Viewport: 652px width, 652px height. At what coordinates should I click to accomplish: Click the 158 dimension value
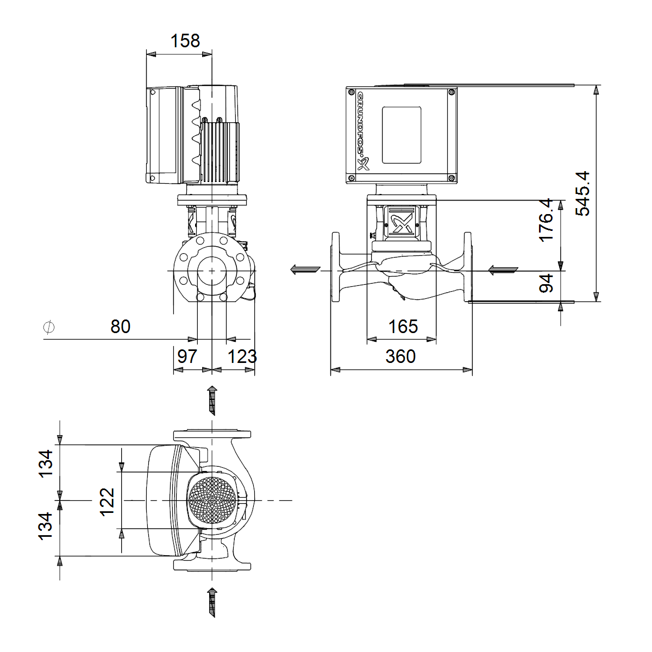[x=185, y=41]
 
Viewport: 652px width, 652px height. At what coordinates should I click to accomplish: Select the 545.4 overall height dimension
[x=582, y=193]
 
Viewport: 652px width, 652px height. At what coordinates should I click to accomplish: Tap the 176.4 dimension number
[x=546, y=220]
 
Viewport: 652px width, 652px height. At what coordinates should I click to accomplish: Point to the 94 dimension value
[x=546, y=284]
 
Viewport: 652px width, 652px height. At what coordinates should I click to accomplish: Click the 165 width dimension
[x=403, y=327]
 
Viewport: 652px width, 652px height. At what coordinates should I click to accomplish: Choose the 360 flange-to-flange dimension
[x=400, y=356]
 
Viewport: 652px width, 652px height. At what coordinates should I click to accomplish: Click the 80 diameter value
[x=121, y=327]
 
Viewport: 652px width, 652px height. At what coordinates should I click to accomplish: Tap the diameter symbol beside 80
[x=49, y=327]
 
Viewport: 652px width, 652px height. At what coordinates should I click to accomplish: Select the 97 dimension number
[x=187, y=356]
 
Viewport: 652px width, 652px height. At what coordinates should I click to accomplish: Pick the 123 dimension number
[x=242, y=356]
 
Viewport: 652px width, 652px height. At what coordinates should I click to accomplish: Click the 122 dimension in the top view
[x=107, y=502]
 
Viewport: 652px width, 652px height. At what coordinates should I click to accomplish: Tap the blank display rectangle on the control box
[x=402, y=135]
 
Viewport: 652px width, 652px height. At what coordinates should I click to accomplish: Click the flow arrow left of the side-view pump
[x=305, y=269]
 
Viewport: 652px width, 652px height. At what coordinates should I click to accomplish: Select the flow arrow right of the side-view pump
[x=503, y=269]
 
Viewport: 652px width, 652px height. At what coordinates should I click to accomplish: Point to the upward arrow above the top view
[x=212, y=400]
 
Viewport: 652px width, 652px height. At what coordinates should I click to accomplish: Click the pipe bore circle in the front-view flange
[x=212, y=271]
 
